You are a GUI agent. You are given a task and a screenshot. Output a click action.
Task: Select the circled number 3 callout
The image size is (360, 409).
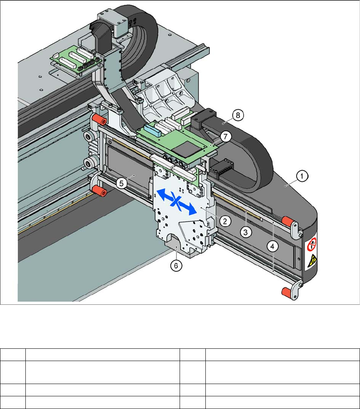[x=246, y=232]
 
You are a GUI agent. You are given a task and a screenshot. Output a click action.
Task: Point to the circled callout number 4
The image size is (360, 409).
[x=272, y=246]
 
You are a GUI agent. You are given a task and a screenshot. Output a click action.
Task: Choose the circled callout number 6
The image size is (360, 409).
[x=175, y=266]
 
